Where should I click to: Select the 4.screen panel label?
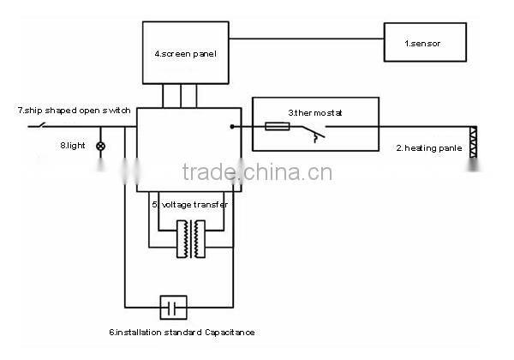[x=185, y=54]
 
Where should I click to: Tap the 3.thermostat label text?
[x=314, y=112]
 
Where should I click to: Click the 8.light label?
[x=75, y=146]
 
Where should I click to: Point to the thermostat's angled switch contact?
[x=310, y=132]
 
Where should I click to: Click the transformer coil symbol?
[x=193, y=240]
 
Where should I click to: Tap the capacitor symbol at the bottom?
[x=174, y=306]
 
